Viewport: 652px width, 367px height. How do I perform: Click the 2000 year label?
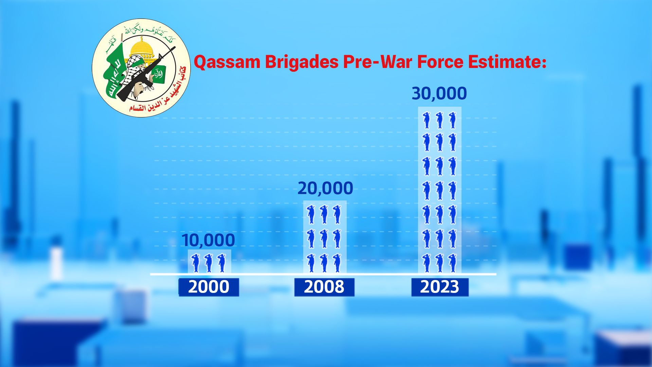click(x=209, y=287)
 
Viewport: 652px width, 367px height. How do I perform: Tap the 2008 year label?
click(x=324, y=287)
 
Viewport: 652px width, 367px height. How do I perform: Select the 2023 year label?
click(x=439, y=287)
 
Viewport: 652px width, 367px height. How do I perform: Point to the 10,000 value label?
click(x=208, y=240)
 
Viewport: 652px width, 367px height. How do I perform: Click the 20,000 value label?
click(x=325, y=188)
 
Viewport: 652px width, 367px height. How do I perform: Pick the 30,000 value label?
click(x=439, y=93)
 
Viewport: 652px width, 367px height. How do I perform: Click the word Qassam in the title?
click(x=227, y=62)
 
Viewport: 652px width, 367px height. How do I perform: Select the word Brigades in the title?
click(x=302, y=62)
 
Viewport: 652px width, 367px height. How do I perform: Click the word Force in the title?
click(x=440, y=62)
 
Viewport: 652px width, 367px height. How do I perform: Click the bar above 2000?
click(x=210, y=262)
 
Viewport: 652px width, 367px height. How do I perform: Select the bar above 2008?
click(x=325, y=237)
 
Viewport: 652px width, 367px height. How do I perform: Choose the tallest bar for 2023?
click(x=439, y=190)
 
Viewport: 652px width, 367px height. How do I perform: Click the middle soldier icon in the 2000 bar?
click(x=209, y=263)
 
